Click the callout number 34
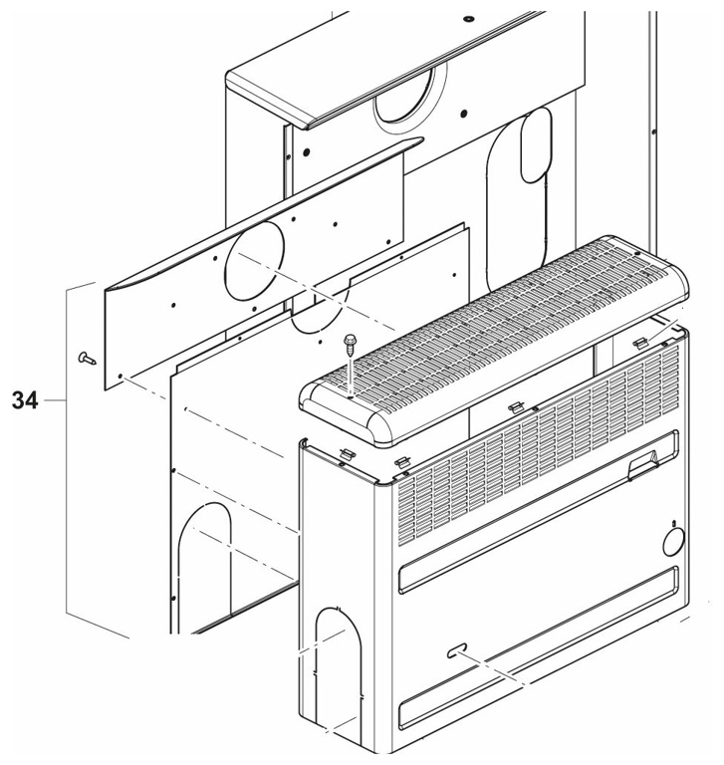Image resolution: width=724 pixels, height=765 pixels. click(x=25, y=400)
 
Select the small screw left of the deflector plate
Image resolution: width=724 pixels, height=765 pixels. click(x=88, y=359)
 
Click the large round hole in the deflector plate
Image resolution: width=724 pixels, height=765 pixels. click(x=254, y=260)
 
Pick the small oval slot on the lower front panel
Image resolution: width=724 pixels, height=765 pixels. click(x=457, y=650)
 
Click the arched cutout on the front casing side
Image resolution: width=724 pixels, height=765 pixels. click(x=339, y=668)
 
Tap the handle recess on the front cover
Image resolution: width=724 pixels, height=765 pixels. click(x=643, y=464)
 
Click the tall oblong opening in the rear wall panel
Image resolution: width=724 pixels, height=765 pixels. click(x=536, y=145)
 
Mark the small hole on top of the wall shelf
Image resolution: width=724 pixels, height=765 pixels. click(x=469, y=19)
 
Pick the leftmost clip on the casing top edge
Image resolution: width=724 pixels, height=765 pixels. click(x=348, y=453)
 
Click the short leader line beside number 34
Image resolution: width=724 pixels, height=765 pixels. click(x=55, y=400)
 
